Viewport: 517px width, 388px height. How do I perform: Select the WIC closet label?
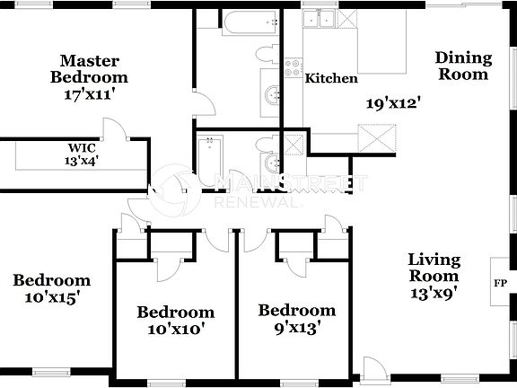(82, 148)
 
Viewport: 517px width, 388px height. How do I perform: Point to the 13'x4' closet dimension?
(82, 162)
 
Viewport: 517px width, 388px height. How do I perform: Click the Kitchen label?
(331, 79)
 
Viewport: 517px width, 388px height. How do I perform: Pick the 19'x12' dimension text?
(392, 102)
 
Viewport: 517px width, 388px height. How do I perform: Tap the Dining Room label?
(463, 66)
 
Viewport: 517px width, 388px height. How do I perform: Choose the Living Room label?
(434, 268)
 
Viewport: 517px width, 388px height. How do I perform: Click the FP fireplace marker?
(499, 284)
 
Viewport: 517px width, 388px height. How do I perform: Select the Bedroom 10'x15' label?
(51, 288)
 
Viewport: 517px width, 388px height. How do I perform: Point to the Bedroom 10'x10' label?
(175, 321)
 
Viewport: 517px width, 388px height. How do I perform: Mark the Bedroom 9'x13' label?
(296, 319)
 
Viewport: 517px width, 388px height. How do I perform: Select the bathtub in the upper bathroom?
(240, 23)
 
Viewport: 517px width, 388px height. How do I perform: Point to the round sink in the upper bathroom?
(271, 94)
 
